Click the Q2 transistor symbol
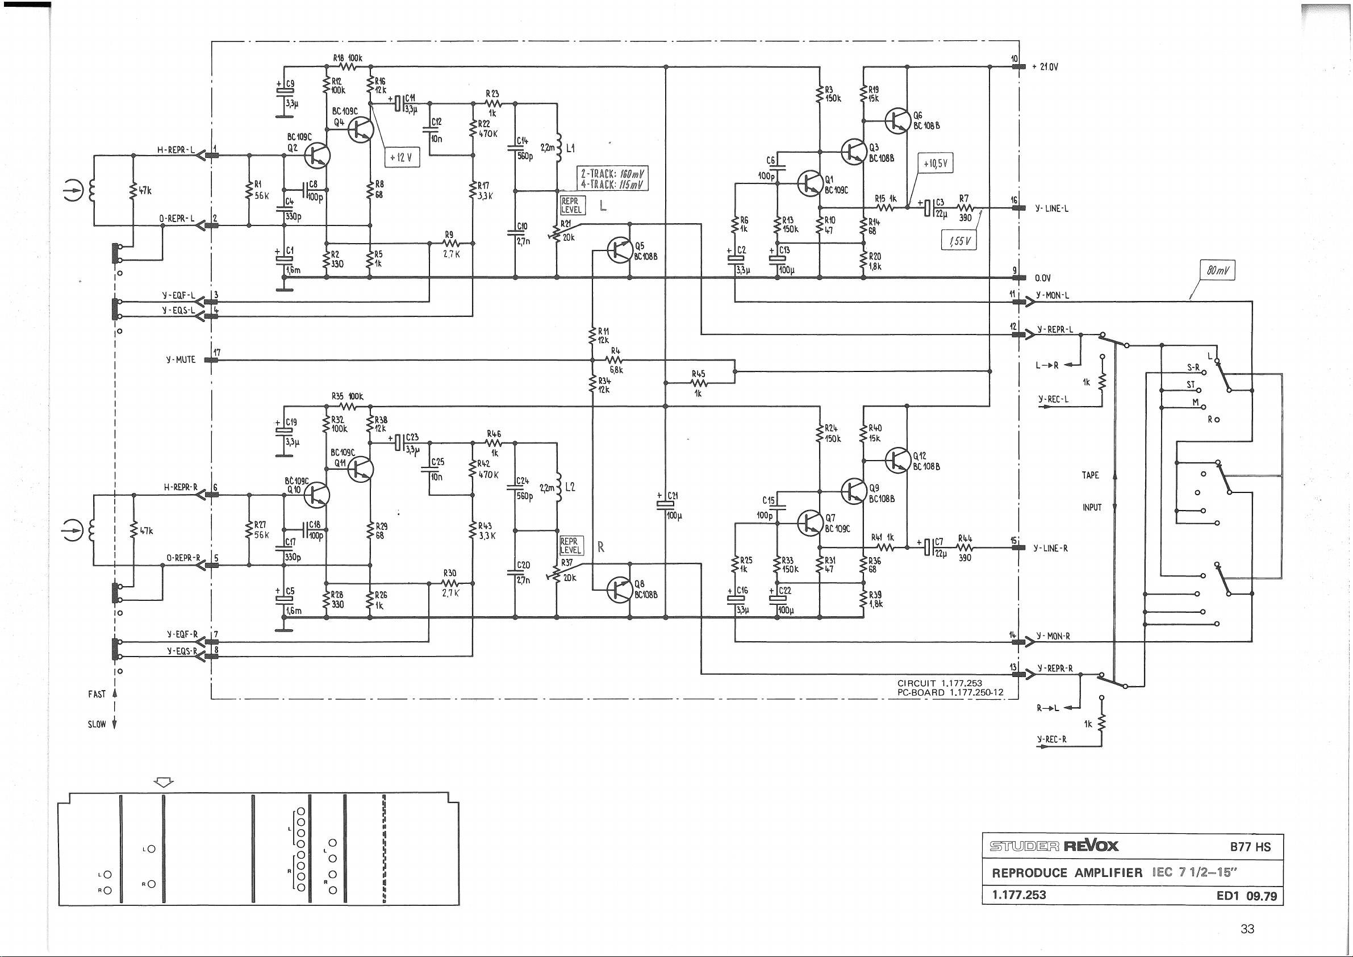tap(317, 156)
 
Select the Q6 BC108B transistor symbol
tap(897, 121)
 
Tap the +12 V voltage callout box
tap(402, 157)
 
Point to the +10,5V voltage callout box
tap(935, 163)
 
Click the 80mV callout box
tap(1217, 270)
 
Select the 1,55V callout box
tap(959, 240)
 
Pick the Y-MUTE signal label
tap(181, 360)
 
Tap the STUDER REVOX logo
tap(1054, 846)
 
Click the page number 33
tap(1247, 929)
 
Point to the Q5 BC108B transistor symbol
tap(619, 250)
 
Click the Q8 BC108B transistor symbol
tap(619, 590)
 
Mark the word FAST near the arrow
tap(97, 694)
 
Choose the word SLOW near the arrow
tap(97, 724)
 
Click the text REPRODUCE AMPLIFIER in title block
tap(1067, 873)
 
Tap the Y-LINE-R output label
tap(1051, 548)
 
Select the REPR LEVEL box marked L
tap(571, 206)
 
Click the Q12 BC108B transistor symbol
tap(897, 460)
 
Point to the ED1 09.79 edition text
tap(1246, 896)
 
